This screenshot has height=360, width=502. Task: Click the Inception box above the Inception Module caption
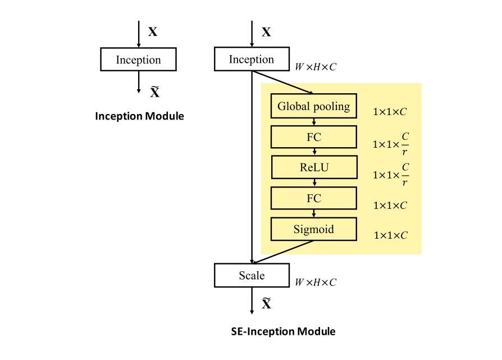pyautogui.click(x=138, y=60)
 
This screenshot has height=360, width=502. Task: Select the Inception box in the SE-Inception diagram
pyautogui.click(x=251, y=60)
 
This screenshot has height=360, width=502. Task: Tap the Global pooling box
pyautogui.click(x=314, y=107)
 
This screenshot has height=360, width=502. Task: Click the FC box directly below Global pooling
pyautogui.click(x=314, y=137)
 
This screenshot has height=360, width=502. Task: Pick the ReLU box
pyautogui.click(x=314, y=167)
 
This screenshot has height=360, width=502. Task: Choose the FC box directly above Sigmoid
pyautogui.click(x=314, y=198)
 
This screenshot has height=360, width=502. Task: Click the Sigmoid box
pyautogui.click(x=314, y=229)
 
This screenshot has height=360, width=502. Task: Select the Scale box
pyautogui.click(x=251, y=276)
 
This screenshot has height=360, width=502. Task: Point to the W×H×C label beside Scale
pyautogui.click(x=316, y=282)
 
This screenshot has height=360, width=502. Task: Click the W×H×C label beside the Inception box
pyautogui.click(x=316, y=67)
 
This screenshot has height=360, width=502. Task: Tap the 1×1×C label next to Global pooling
pyautogui.click(x=390, y=112)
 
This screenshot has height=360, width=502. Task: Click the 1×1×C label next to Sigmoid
pyautogui.click(x=390, y=235)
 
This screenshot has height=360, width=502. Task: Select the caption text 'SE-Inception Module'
pyautogui.click(x=283, y=331)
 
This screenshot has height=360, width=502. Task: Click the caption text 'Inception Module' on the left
pyautogui.click(x=139, y=116)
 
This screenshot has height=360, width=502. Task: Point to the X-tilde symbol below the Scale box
pyautogui.click(x=267, y=304)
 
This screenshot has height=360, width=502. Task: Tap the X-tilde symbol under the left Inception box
pyautogui.click(x=154, y=92)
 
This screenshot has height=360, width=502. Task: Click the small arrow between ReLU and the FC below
pyautogui.click(x=314, y=183)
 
